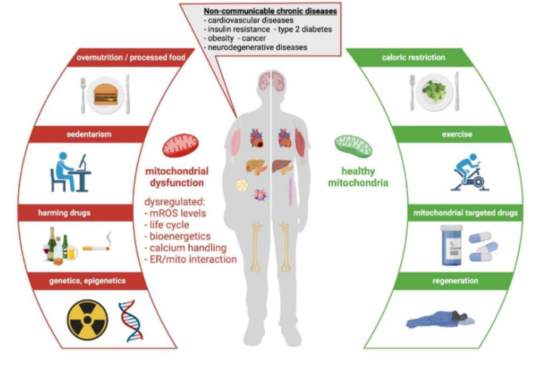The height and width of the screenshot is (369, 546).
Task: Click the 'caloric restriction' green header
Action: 434,57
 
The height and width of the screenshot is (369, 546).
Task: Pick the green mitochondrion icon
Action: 354,145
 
